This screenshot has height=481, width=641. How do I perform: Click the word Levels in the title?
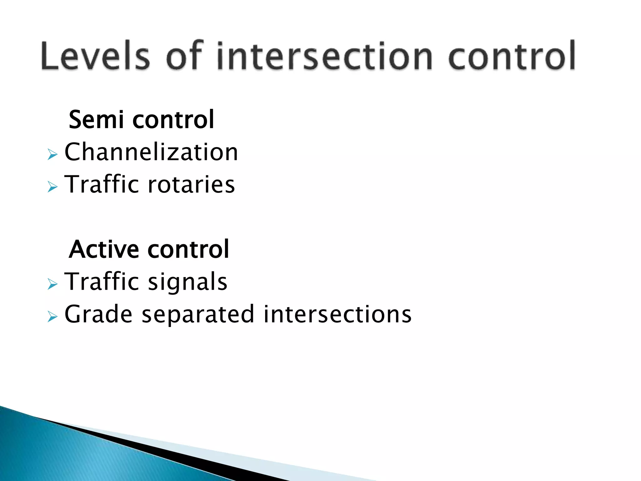95,56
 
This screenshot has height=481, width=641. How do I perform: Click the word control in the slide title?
512,56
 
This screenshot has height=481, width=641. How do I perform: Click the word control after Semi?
173,120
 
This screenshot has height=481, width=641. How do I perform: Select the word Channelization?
151,152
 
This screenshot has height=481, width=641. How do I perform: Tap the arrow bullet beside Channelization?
53,154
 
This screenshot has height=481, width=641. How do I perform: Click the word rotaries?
191,184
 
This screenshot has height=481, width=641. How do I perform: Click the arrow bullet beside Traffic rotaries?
53,187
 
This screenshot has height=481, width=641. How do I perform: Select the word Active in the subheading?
104,249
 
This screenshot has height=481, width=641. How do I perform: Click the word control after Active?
188,249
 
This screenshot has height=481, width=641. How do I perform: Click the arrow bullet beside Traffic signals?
53,284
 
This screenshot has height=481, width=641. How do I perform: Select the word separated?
198,315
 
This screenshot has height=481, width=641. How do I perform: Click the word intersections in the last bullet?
337,314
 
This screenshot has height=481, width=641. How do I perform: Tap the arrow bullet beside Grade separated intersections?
53,317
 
